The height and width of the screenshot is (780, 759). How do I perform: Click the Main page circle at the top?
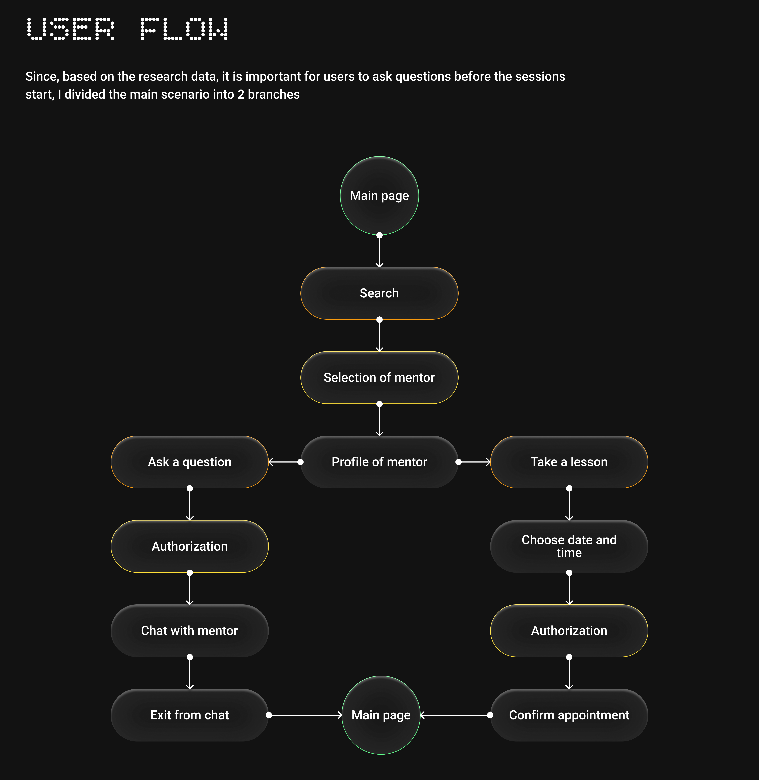[379, 195]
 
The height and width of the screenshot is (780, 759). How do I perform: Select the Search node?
[379, 293]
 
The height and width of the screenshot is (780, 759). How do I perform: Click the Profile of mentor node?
[379, 462]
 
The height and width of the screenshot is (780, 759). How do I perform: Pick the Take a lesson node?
[569, 462]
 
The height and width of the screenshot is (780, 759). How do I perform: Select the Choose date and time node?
[569, 546]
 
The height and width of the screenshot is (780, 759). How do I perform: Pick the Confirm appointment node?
[569, 715]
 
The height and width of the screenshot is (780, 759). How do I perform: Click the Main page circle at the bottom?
[381, 715]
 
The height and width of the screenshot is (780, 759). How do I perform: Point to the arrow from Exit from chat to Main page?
[305, 715]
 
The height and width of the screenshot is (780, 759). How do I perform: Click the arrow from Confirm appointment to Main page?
[455, 715]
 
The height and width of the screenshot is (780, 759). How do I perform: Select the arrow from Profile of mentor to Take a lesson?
[474, 462]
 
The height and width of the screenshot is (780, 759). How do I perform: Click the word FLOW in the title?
[184, 29]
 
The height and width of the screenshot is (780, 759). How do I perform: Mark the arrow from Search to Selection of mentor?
[379, 335]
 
